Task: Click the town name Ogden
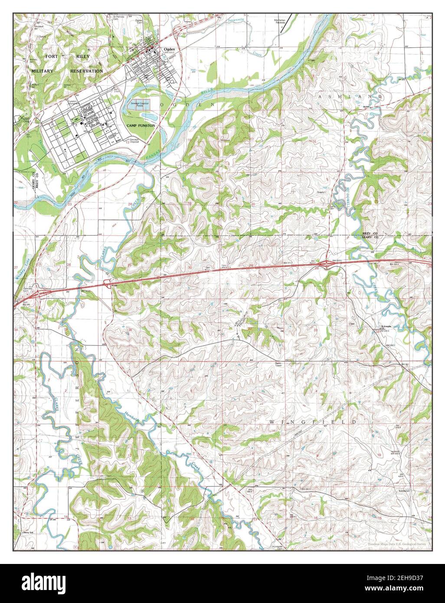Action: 169,49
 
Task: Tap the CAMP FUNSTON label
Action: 141,125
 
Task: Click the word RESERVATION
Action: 87,71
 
